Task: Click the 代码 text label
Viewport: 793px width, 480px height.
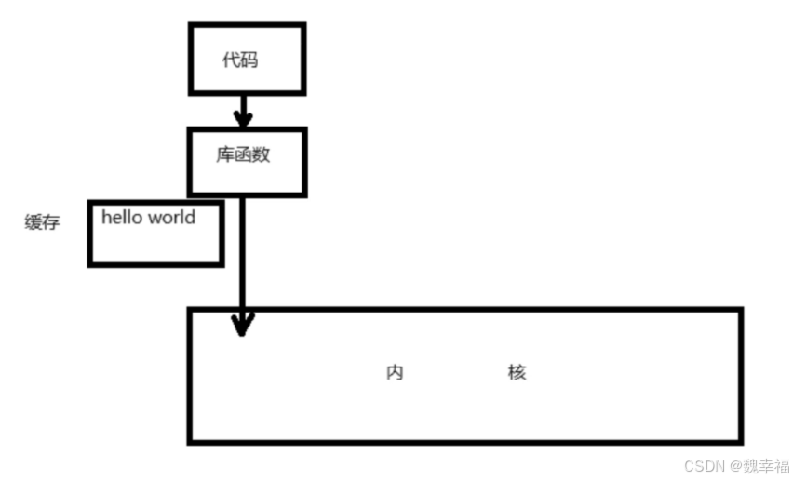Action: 239,61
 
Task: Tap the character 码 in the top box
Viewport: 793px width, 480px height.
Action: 249,61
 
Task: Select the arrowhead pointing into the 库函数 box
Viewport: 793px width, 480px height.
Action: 243,118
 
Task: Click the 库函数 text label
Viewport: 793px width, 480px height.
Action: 243,155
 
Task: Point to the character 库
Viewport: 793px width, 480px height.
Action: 225,155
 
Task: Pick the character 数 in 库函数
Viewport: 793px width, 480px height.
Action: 261,155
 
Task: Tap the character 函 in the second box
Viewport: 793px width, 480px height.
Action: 243,155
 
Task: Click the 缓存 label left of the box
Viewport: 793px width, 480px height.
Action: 42,223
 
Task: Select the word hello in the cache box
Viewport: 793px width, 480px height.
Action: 122,218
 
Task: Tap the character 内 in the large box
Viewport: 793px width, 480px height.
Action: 395,373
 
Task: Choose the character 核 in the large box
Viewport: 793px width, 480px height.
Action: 517,373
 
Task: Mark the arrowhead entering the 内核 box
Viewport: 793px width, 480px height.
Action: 242,324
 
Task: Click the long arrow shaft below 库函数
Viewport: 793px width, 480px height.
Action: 242,251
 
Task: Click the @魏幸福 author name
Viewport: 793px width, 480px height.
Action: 759,464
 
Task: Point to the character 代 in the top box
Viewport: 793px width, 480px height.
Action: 230,61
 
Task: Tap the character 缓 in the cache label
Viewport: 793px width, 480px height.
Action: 34,223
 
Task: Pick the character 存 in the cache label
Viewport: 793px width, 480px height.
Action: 51,223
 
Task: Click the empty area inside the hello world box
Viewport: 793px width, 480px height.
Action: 155,247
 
